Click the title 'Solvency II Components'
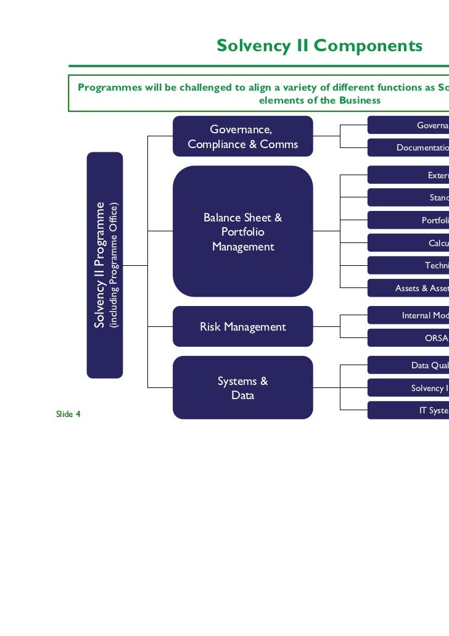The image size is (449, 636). point(319,46)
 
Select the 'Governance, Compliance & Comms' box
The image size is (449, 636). point(242,137)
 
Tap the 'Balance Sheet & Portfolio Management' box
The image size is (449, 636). point(242,232)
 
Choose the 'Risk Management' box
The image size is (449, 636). point(242,327)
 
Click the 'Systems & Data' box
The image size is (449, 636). point(242,388)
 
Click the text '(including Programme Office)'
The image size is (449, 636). point(113,265)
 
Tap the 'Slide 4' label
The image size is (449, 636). point(68,414)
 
